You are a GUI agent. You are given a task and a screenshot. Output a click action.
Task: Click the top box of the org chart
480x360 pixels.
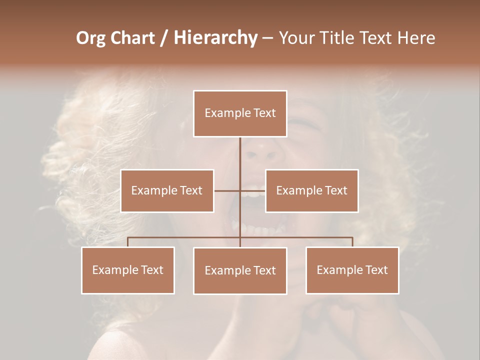[240, 113]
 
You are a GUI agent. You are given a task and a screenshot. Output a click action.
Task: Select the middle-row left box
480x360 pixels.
[167, 190]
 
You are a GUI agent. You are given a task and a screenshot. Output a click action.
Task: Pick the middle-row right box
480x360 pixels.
[311, 190]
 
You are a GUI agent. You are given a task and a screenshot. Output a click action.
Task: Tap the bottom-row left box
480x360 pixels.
[128, 270]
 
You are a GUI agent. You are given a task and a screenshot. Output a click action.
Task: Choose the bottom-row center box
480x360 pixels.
[240, 270]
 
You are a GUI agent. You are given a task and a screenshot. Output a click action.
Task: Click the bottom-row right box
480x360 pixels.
[352, 270]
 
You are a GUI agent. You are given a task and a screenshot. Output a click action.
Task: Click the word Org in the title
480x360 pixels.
[90, 38]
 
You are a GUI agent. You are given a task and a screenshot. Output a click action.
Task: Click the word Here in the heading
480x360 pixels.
[415, 38]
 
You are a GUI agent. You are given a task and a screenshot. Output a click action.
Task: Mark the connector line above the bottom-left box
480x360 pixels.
[128, 242]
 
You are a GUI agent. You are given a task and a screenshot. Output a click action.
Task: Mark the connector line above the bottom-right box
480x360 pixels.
[352, 242]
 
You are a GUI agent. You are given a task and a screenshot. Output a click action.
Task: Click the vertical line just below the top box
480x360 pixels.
[240, 150]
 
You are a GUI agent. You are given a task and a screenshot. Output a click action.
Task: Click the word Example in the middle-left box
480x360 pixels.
[150, 190]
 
